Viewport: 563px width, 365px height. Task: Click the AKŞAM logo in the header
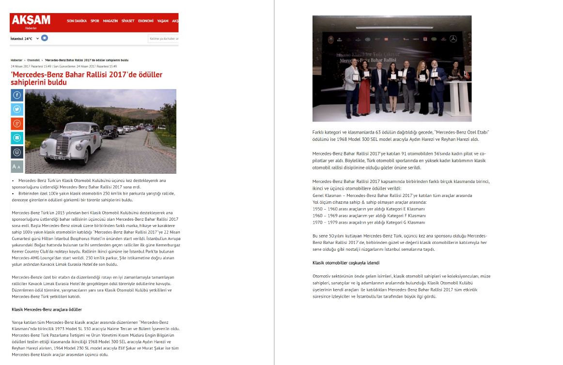[31, 20]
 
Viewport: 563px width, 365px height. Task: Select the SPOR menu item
[94, 21]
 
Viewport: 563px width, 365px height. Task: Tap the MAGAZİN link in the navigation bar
[110, 21]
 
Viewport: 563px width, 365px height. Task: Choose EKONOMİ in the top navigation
[145, 21]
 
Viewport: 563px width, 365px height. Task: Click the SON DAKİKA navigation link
[77, 21]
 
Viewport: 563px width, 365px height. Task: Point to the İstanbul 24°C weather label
[21, 39]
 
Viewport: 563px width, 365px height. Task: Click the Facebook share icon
[17, 95]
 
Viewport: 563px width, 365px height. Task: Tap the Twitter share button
[17, 109]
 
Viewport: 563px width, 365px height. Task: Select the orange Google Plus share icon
[17, 124]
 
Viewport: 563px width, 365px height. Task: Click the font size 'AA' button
[17, 167]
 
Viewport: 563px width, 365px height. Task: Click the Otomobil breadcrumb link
[34, 60]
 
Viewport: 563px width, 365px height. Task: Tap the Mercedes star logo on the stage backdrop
[453, 39]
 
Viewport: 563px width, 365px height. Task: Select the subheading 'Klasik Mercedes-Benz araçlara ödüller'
[47, 309]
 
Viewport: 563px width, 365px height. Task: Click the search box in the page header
[163, 39]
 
